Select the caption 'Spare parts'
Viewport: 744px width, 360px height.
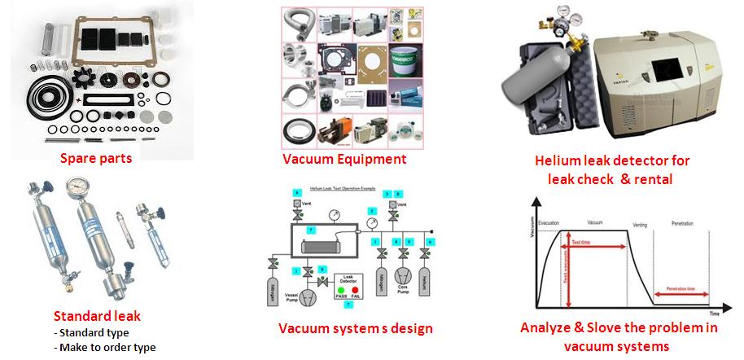pyautogui.click(x=97, y=157)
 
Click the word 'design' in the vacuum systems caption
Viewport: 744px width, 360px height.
pyautogui.click(x=405, y=328)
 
